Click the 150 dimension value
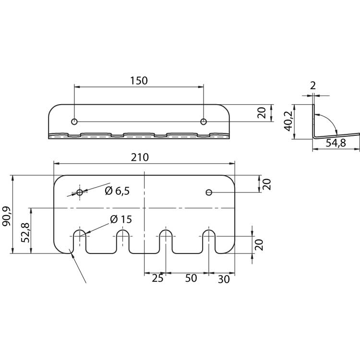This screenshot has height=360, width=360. click(x=139, y=81)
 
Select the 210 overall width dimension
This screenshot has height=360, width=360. click(x=139, y=157)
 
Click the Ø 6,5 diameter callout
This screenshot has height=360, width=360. click(x=117, y=191)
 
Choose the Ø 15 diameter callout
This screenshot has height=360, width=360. click(x=120, y=219)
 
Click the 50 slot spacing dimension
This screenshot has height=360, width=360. click(x=191, y=279)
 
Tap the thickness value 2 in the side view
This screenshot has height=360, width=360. click(x=313, y=86)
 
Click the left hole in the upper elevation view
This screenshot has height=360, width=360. click(x=74, y=121)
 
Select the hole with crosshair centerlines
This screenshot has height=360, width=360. click(x=79, y=193)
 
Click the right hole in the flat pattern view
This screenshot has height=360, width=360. click(x=209, y=192)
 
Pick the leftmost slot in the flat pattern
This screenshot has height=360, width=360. click(x=79, y=240)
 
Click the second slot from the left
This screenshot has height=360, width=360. click(x=123, y=240)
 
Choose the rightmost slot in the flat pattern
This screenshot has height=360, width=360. click(x=209, y=240)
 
